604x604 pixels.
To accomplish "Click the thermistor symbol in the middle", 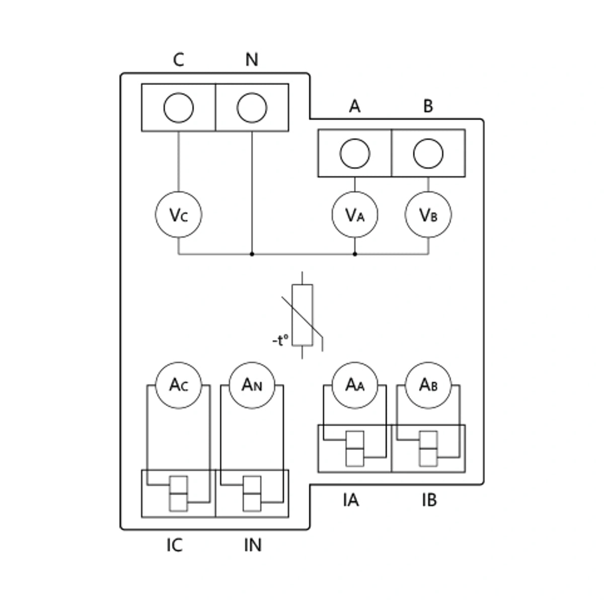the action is [x=302, y=315].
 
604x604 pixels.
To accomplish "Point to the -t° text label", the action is [x=280, y=340].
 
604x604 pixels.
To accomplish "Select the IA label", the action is [x=351, y=500].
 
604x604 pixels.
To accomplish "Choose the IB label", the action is [x=429, y=500].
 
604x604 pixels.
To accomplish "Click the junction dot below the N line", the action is [x=252, y=254].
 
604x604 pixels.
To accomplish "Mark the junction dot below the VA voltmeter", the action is [x=355, y=254].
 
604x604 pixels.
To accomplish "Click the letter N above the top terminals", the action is [x=252, y=59].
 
